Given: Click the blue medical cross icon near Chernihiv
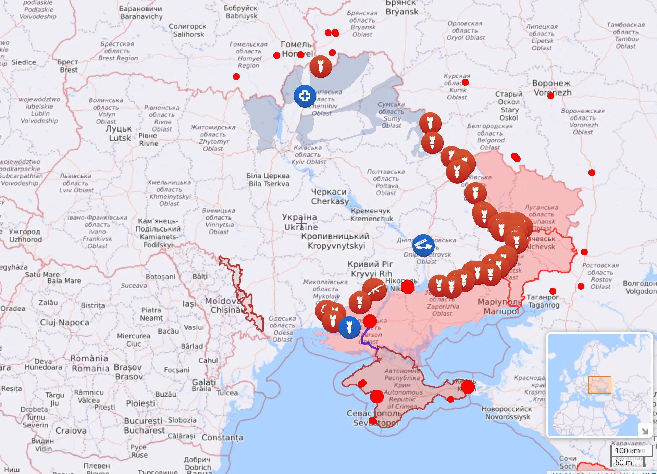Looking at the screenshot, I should [x=305, y=96].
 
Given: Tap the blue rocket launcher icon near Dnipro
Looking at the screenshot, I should [x=423, y=245].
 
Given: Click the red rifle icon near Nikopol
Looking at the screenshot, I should [x=375, y=289].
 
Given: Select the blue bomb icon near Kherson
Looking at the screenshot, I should [x=349, y=327].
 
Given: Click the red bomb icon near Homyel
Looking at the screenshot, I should [x=321, y=66].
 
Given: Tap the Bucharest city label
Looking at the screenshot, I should [x=144, y=426].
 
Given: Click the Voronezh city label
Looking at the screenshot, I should [x=552, y=88].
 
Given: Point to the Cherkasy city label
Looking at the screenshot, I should [x=330, y=197].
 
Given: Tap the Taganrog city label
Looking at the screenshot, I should [x=543, y=301].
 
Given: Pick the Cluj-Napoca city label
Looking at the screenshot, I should [x=64, y=322].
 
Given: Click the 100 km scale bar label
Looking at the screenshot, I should [x=628, y=451].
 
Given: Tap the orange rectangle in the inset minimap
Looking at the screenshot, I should [x=599, y=385].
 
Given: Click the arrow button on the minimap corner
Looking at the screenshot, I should [x=645, y=431].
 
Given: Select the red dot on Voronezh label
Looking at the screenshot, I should [x=551, y=96].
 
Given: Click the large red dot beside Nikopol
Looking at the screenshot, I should [x=407, y=287].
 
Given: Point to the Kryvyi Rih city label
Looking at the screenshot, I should [x=371, y=269].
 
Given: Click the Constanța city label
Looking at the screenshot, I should [x=222, y=437].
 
